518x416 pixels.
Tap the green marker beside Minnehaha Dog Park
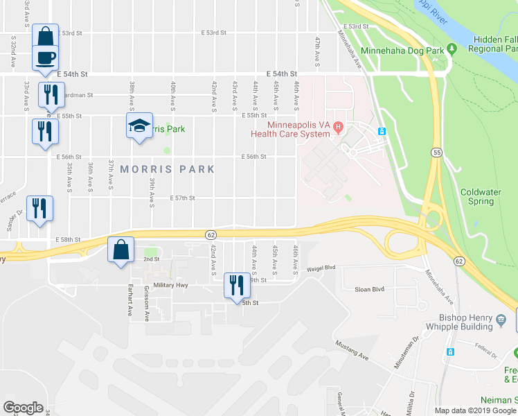452,49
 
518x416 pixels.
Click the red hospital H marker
338,126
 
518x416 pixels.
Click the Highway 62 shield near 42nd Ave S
210,234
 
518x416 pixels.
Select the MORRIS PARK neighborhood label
167,169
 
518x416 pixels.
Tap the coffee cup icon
45,57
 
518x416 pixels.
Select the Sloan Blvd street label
368,289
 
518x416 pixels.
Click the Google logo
24,408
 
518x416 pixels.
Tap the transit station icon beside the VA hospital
381,131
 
